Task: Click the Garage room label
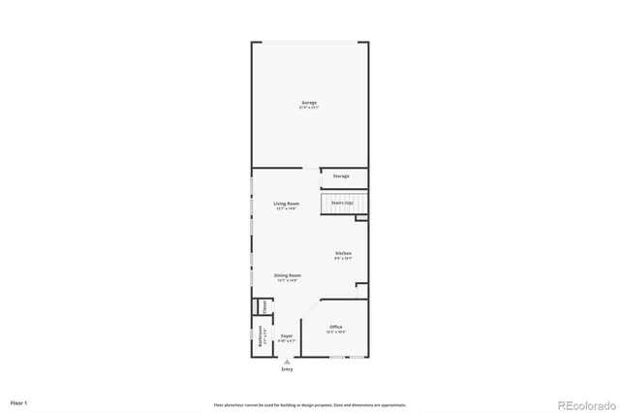(309, 102)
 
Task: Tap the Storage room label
(341, 176)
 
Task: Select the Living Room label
(287, 204)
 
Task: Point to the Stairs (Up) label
(344, 203)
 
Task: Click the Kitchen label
(343, 254)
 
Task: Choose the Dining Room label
(287, 275)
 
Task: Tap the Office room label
(335, 327)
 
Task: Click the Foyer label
(287, 336)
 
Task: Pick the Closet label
(261, 306)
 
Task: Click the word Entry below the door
(287, 369)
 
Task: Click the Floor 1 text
(19, 401)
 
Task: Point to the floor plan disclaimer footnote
(310, 404)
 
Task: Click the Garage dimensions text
(309, 107)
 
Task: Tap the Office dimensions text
(335, 332)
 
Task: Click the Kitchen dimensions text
(343, 259)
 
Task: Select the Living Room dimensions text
(287, 208)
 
